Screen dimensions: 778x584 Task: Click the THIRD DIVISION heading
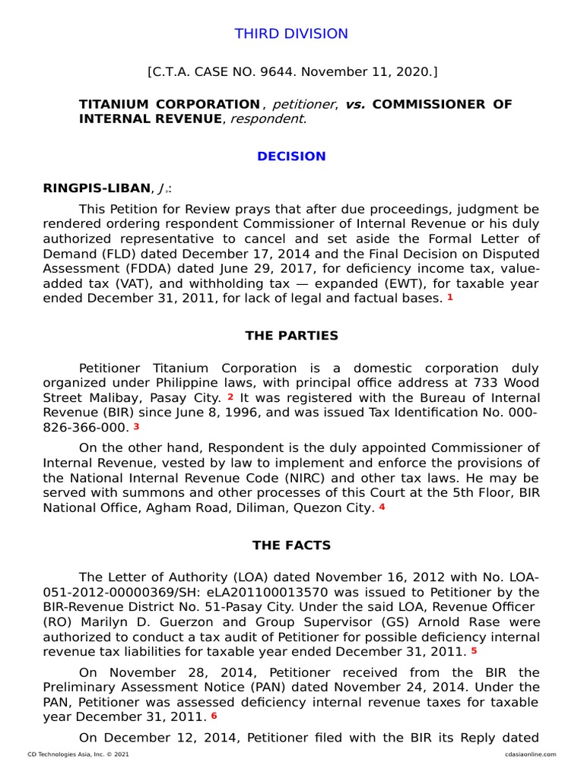pyautogui.click(x=291, y=34)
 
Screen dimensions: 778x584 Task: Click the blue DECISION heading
pyautogui.click(x=291, y=157)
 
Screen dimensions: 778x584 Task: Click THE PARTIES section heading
pyautogui.click(x=291, y=336)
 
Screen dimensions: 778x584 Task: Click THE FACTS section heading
pyautogui.click(x=291, y=546)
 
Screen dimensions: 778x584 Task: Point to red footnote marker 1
pyautogui.click(x=449, y=298)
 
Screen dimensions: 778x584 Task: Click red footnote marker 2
pyautogui.click(x=230, y=397)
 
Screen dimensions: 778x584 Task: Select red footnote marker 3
pyautogui.click(x=136, y=426)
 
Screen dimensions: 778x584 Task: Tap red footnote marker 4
pyautogui.click(x=382, y=508)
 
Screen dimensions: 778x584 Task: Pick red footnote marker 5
pyautogui.click(x=474, y=650)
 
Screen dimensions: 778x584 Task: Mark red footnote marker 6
pyautogui.click(x=214, y=716)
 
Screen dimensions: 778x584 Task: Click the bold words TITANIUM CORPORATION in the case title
pyautogui.click(x=170, y=104)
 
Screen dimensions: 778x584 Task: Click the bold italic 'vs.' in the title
pyautogui.click(x=355, y=104)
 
